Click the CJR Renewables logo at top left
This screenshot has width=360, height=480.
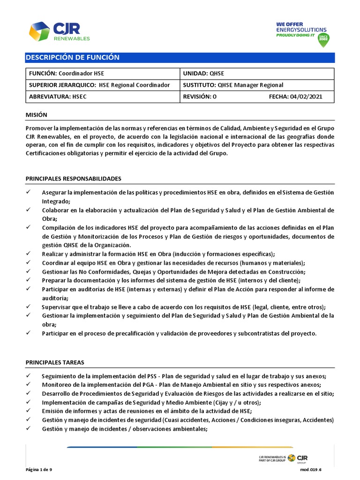(59, 31)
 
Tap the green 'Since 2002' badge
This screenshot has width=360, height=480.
(323, 39)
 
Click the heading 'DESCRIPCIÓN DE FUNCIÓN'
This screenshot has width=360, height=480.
(73, 58)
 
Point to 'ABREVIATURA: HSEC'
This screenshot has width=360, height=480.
(58, 97)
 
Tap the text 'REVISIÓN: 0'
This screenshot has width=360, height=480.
(200, 97)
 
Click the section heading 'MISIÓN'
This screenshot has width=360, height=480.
(37, 115)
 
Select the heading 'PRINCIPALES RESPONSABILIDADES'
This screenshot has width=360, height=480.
(74, 179)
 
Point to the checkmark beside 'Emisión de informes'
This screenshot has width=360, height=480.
(29, 411)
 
